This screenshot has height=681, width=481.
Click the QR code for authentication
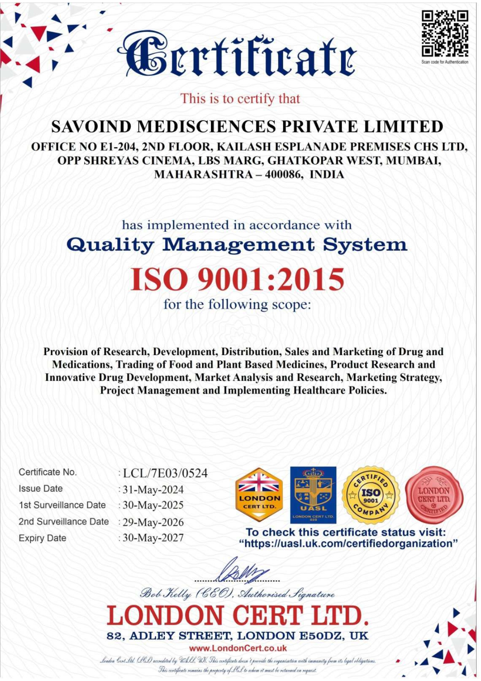[445, 34]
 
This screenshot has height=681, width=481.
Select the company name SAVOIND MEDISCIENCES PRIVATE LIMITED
[247, 127]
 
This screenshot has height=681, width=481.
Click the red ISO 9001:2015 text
[237, 279]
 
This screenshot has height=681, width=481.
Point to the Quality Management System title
[237, 245]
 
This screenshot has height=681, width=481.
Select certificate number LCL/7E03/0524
[165, 473]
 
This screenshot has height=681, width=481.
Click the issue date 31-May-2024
[153, 490]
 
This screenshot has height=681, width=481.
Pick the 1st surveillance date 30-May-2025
[153, 505]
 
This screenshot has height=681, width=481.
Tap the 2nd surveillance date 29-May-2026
[153, 522]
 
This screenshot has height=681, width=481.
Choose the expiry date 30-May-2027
[153, 538]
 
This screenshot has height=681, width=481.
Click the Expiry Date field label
[43, 538]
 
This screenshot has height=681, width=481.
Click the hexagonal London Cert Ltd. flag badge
[259, 495]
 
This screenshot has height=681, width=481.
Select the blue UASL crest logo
[313, 495]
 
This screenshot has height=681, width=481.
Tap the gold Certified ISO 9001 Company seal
[370, 495]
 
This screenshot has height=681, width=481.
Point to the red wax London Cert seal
[434, 495]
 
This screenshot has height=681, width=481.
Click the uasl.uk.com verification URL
[348, 544]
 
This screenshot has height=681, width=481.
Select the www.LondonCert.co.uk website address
[238, 648]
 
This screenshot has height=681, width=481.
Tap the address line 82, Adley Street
[237, 636]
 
